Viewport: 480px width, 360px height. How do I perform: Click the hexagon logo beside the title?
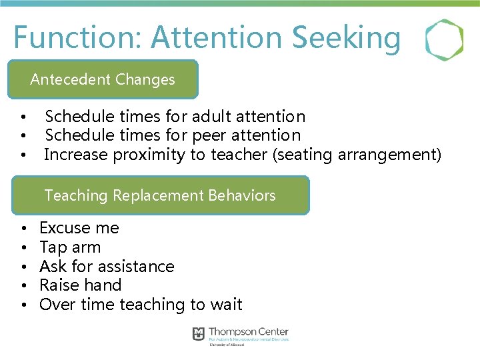pos(445,40)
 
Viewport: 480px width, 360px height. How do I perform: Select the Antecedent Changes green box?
pos(103,79)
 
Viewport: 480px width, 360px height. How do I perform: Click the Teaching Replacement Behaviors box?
pos(160,195)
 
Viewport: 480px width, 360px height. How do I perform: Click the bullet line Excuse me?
pos(79,228)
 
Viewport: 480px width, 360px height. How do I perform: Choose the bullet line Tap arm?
pos(70,247)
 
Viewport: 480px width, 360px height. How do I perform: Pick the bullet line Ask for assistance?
pos(107,267)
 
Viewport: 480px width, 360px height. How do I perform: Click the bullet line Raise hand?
pos(80,285)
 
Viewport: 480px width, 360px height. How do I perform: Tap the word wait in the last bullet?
pos(226,305)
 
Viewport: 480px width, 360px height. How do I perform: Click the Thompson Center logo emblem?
pos(199,334)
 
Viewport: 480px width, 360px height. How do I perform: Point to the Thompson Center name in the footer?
pos(248,332)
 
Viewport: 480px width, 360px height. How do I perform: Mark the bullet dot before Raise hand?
pos(23,286)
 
